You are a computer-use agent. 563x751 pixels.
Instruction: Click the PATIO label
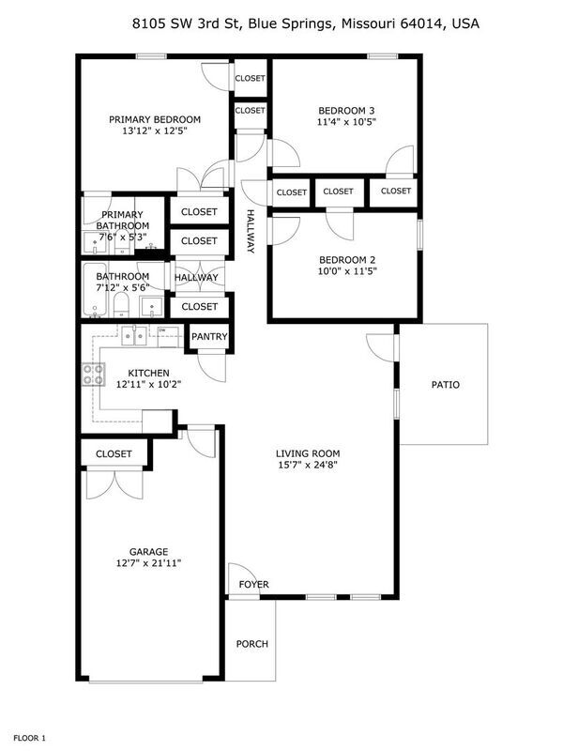pos(445,385)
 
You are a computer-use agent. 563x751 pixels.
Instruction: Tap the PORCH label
pos(251,644)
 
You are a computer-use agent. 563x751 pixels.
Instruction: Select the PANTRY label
pos(209,337)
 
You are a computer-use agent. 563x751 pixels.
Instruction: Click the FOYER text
pos(253,584)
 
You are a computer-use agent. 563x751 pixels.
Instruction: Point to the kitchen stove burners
pos(93,375)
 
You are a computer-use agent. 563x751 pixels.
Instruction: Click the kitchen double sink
pos(133,336)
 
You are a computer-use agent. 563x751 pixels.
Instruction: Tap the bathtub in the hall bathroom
pos(95,290)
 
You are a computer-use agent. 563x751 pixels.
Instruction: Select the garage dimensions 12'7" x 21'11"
pos(148,563)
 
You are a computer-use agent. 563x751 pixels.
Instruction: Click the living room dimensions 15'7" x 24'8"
pos(308,465)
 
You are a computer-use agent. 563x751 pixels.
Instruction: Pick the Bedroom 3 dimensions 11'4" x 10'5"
pos(346,122)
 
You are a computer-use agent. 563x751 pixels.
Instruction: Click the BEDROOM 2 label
pos(347,260)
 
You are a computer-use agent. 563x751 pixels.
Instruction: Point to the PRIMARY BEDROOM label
pos(155,119)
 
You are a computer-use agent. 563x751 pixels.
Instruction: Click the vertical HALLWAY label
pos(251,231)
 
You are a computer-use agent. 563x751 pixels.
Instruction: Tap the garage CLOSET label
pos(114,453)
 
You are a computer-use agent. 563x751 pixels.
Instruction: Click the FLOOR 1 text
pos(29,738)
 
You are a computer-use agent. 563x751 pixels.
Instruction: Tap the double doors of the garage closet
pos(114,484)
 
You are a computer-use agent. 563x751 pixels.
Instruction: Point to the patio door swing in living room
pos(381,347)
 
